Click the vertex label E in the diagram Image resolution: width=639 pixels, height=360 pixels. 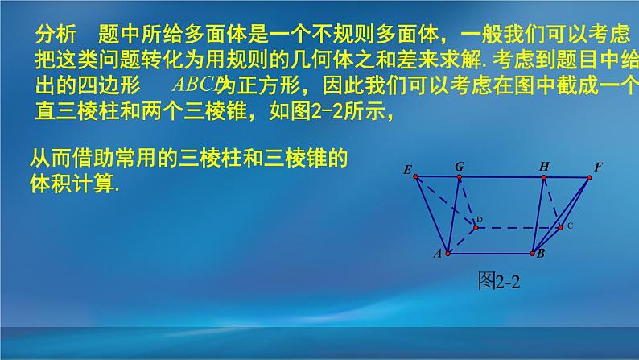pos(407,169)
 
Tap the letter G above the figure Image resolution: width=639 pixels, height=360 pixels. pos(459,166)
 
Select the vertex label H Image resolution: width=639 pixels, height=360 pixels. pos(544,167)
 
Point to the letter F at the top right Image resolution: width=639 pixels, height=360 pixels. pos(598,167)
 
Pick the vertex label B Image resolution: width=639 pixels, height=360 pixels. pos(541,254)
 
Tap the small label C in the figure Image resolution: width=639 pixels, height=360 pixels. pos(570,226)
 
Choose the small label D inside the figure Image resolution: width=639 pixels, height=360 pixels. pos(479,219)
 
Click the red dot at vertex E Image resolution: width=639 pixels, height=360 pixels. pos(415,176)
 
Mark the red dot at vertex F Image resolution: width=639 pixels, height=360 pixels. pos(591,176)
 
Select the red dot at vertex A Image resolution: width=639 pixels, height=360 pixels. pos(447,253)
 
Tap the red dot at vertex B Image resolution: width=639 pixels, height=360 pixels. pos(533,253)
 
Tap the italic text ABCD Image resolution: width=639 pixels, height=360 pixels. pos(196,84)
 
